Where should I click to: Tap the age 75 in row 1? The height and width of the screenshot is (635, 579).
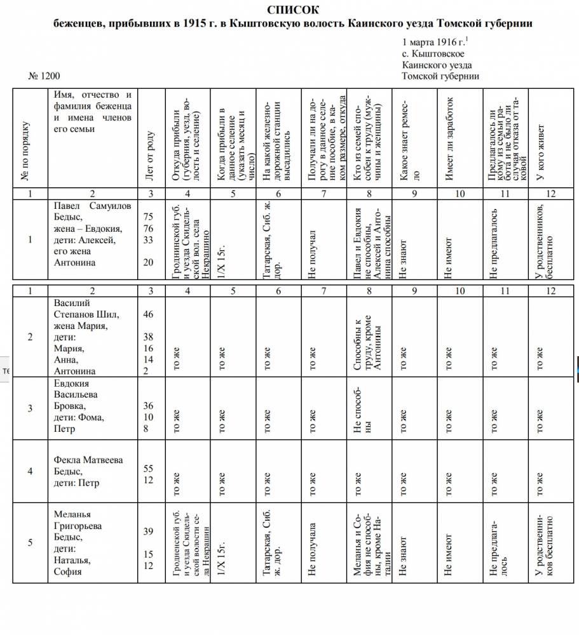(x=149, y=217)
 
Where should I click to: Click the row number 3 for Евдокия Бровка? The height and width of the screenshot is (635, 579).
(x=30, y=408)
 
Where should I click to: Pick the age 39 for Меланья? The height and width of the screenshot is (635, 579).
(x=149, y=531)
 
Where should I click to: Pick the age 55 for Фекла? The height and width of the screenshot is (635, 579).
(x=149, y=469)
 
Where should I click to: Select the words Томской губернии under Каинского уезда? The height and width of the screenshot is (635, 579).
(x=440, y=76)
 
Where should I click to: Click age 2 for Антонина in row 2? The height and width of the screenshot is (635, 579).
(x=146, y=371)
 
